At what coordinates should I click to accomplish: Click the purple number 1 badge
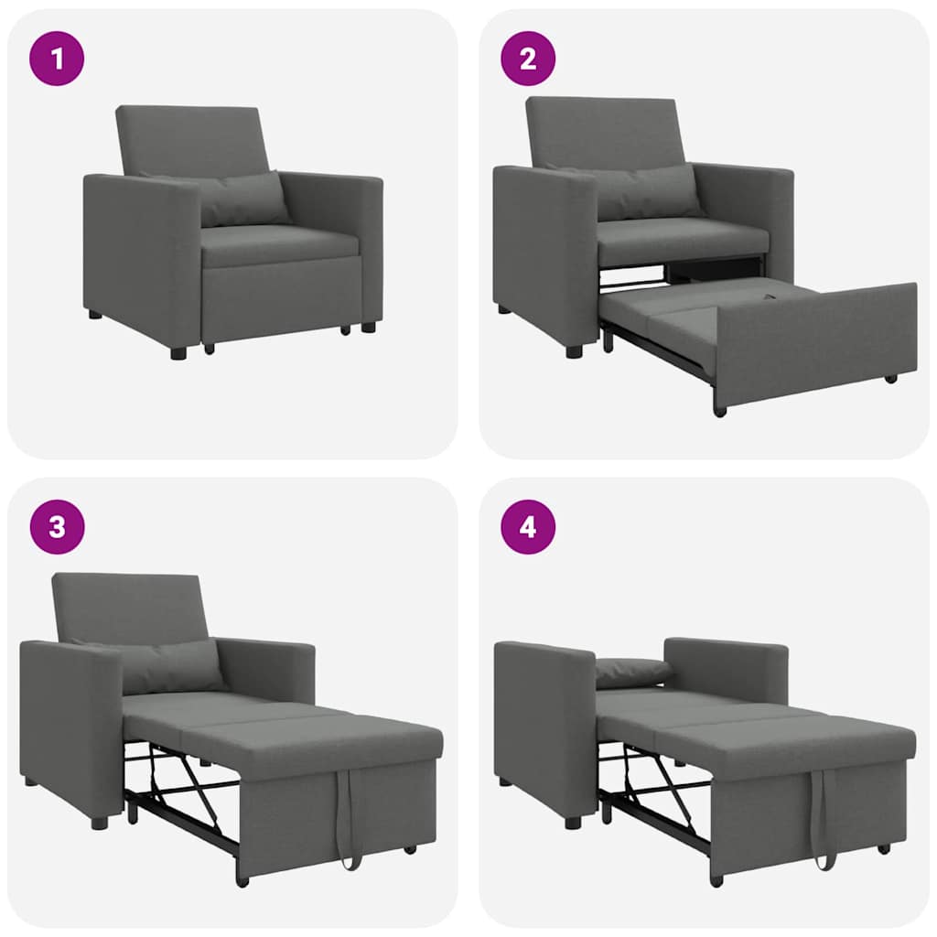pos(57,59)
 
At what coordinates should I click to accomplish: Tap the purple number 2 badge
pos(528,59)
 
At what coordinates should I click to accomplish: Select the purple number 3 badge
pos(57,527)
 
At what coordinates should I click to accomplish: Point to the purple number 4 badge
pos(528,527)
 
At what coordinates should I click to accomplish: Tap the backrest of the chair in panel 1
pos(192,137)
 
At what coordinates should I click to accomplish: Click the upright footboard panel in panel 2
pos(814,339)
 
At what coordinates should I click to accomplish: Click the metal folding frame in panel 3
pos(183,787)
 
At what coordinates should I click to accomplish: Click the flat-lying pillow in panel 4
pos(631,672)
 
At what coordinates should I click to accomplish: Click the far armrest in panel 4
pos(727,668)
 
